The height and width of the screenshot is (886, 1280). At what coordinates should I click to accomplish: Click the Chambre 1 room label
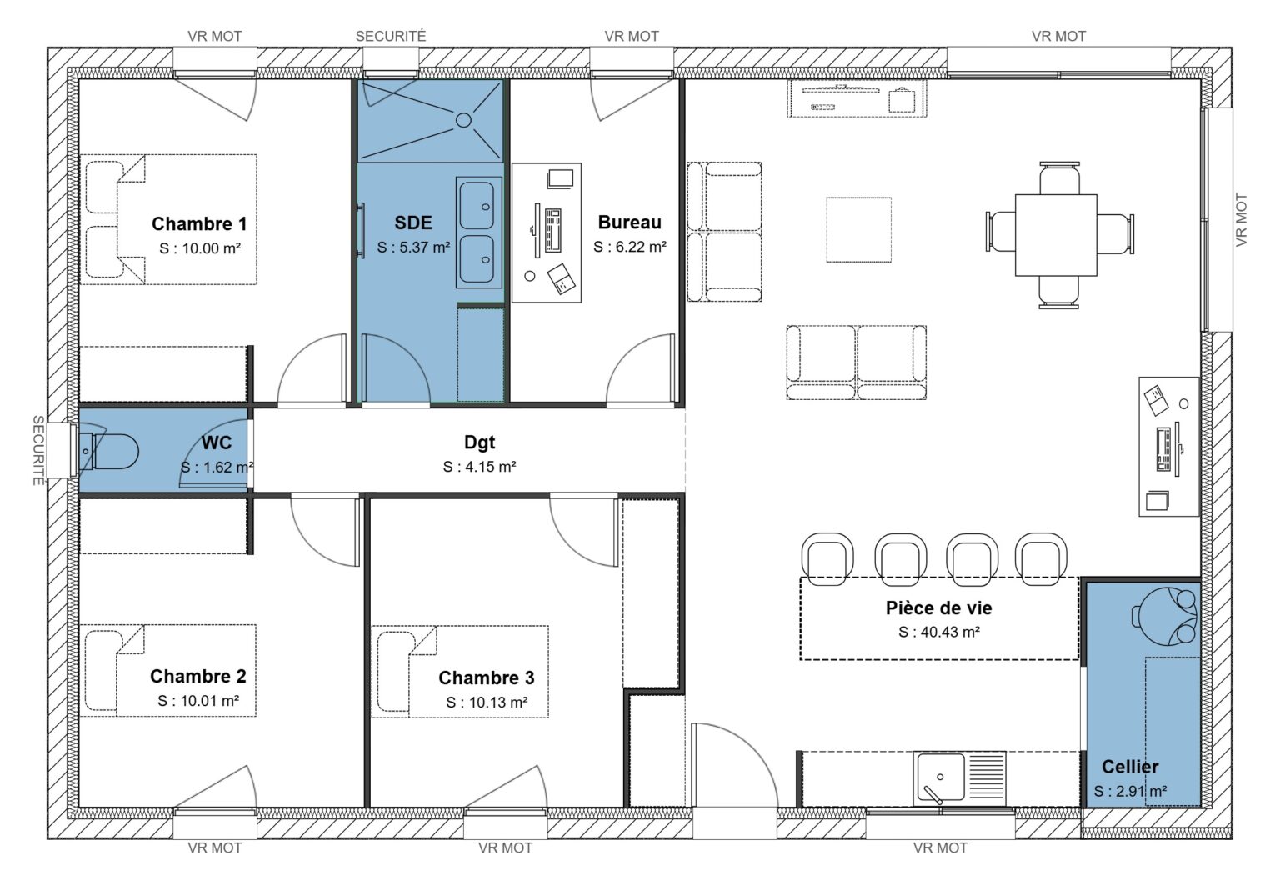click(199, 223)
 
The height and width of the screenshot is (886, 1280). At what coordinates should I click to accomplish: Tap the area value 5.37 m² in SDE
click(413, 248)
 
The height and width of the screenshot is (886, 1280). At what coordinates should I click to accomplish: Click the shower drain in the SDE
click(463, 120)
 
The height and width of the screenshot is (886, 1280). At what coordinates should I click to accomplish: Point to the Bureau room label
click(629, 222)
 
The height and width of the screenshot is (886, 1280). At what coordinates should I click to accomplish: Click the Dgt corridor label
click(479, 443)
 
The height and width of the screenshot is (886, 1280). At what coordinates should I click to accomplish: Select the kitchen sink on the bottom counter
click(940, 778)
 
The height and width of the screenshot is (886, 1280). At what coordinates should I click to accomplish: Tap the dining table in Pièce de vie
click(1056, 234)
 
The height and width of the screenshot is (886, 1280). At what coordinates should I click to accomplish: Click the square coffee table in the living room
click(858, 229)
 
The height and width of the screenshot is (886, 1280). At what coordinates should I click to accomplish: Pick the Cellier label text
click(1129, 767)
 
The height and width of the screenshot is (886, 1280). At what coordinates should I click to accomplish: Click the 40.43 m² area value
click(939, 633)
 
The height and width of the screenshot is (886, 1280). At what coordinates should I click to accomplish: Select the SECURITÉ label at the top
click(390, 36)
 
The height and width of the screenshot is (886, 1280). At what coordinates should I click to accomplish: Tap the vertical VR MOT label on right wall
click(1242, 220)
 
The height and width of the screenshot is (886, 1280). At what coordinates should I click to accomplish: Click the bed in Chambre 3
click(459, 671)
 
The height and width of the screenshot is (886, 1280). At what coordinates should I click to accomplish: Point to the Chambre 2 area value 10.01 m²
click(198, 701)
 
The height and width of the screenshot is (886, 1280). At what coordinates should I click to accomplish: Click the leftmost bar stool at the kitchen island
click(827, 553)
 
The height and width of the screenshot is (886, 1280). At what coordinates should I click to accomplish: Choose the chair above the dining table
click(1058, 177)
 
